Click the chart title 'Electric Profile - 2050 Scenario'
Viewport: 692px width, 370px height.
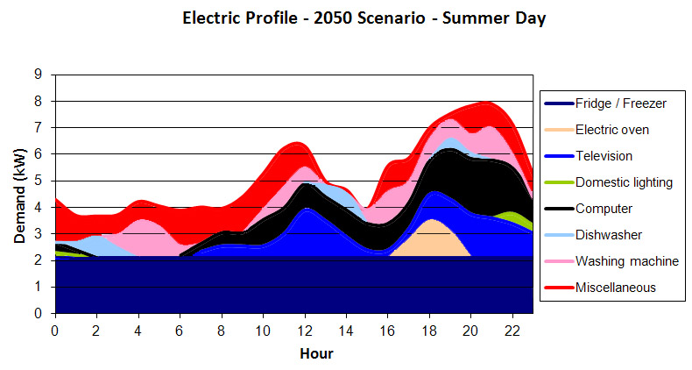click(364, 18)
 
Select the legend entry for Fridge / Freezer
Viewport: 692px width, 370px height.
click(620, 103)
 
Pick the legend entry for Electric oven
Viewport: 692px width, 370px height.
click(613, 130)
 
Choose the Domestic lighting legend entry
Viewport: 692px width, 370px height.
click(623, 182)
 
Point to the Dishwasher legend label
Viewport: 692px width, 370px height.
click(609, 235)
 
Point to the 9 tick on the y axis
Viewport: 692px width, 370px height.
click(39, 75)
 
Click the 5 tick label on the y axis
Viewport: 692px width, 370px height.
click(39, 181)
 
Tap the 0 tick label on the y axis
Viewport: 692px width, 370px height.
click(39, 314)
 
